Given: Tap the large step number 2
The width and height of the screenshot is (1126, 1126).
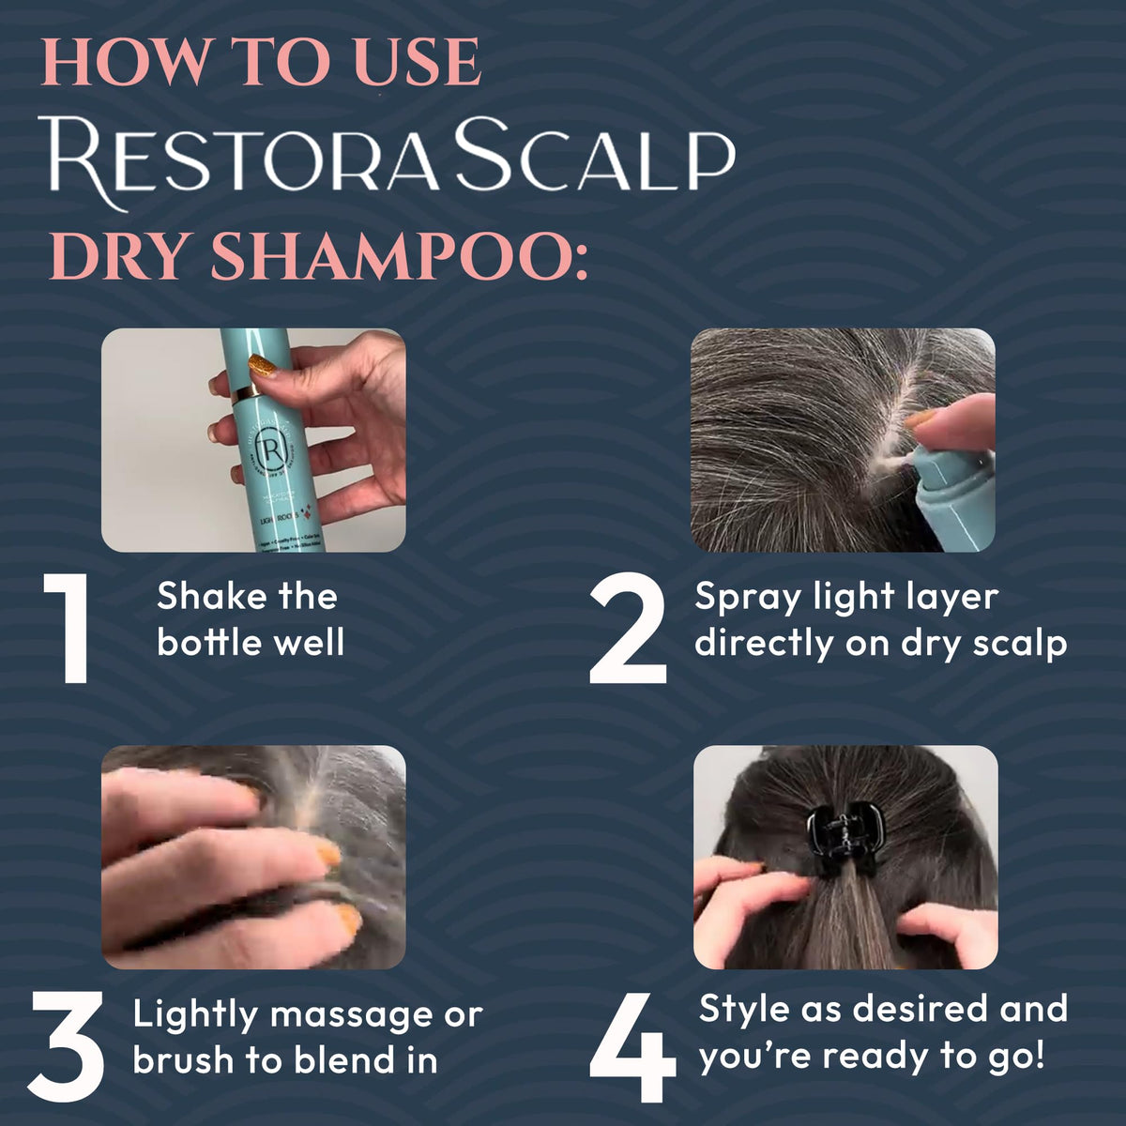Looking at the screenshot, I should coord(628,631).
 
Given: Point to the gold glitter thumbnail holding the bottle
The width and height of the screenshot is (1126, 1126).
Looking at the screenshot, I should coord(264,365).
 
